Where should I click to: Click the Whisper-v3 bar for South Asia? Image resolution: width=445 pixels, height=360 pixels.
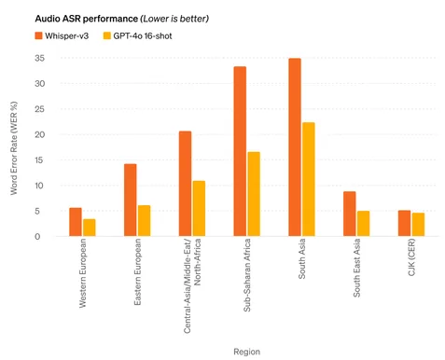point(295,147)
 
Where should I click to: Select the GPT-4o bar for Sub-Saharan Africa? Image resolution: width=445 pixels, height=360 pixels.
point(254,194)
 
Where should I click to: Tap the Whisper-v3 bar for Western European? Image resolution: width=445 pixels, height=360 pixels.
point(76,222)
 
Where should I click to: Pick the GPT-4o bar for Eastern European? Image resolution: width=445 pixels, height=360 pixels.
point(144,221)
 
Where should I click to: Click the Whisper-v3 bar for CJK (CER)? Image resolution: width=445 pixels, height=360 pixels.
point(404,223)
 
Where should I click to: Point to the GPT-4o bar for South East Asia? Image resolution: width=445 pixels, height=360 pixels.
point(363,224)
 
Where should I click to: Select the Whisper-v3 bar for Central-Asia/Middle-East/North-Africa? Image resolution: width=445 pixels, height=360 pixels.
point(185,184)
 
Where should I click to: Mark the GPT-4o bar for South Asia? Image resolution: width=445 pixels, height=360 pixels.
point(309,179)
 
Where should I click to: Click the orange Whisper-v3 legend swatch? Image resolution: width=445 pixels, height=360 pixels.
point(38,35)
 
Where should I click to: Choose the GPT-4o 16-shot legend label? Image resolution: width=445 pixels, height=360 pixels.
point(143,36)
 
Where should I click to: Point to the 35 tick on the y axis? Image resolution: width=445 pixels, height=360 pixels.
point(40,58)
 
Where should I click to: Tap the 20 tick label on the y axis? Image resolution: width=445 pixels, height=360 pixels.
point(40,134)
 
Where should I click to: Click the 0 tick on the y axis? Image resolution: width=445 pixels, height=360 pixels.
point(37,237)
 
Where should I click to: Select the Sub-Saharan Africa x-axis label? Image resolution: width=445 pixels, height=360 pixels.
point(246,275)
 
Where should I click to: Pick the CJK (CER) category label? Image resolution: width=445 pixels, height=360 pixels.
point(411,257)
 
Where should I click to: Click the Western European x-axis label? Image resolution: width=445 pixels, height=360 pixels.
point(82,273)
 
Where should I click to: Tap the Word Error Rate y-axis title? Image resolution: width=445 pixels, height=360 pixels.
point(14,148)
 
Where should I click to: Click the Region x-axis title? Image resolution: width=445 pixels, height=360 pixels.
point(247,352)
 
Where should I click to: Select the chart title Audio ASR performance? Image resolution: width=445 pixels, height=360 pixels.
point(87,19)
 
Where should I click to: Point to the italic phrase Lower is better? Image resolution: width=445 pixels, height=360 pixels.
point(174,19)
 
